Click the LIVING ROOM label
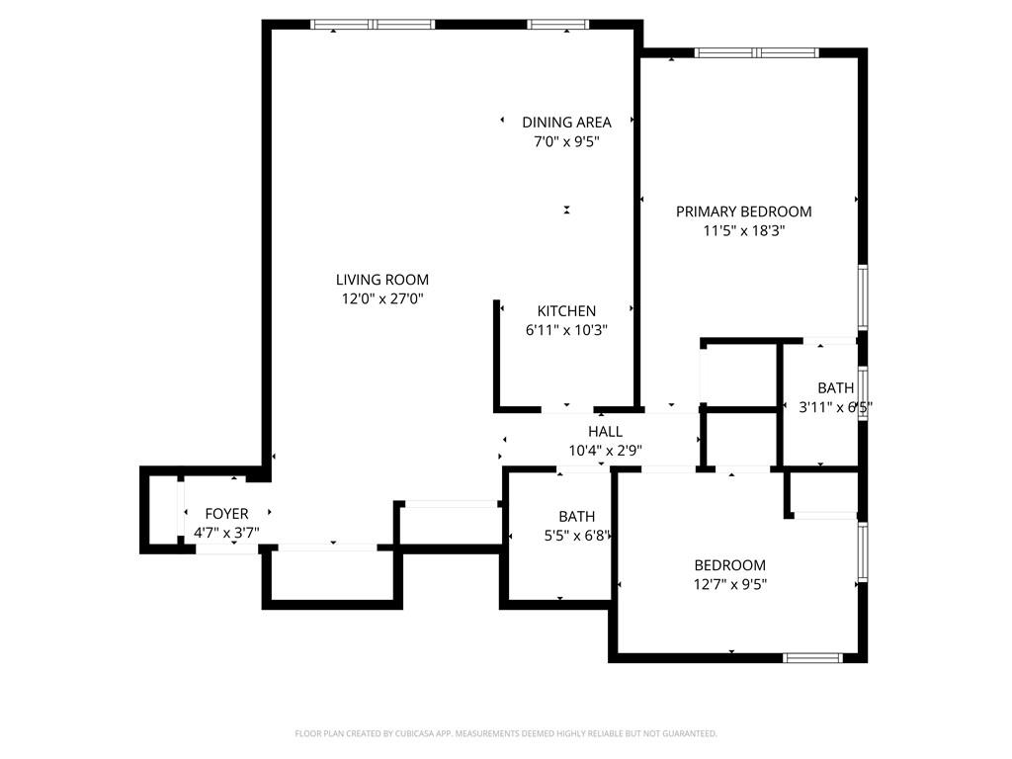[381, 280]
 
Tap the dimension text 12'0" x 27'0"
[381, 298]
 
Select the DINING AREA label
[566, 123]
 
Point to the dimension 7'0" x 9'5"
[566, 141]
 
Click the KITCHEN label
[566, 311]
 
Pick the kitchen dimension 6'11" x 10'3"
[566, 330]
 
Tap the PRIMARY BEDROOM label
[743, 211]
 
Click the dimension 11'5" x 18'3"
[743, 230]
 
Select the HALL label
[605, 432]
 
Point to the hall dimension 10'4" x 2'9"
[605, 451]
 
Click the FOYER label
[226, 514]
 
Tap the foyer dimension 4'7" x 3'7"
[226, 533]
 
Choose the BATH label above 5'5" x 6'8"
[576, 517]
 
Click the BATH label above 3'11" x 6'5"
[835, 388]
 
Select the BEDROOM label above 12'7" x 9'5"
[729, 565]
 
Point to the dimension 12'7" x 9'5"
[729, 584]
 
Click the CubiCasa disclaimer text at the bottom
[506, 733]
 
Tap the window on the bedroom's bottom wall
[811, 657]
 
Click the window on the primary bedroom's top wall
[757, 52]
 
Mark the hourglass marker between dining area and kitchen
[566, 210]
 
